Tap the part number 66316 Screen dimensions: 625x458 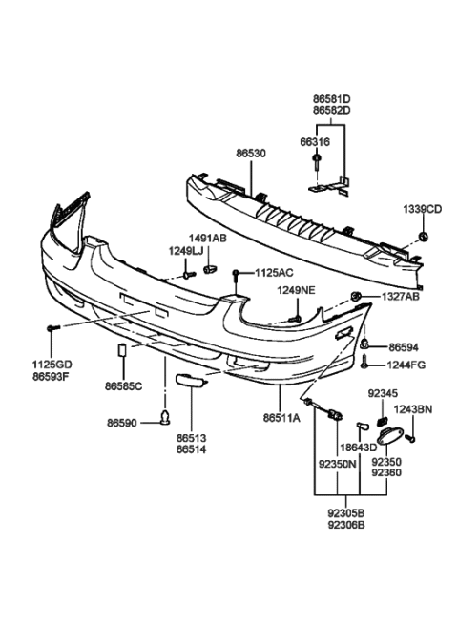coord(315,142)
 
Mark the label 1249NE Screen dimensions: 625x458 coord(295,290)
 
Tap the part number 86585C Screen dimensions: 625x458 coord(123,386)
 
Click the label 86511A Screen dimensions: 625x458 coord(281,417)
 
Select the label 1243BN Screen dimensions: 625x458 coord(413,409)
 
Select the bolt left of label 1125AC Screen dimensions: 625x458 coord(235,274)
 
